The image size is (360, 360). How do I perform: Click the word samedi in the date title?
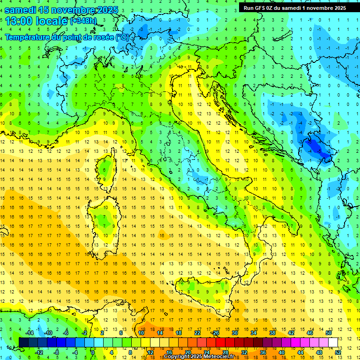(20, 10)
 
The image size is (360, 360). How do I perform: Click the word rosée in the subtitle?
(103, 37)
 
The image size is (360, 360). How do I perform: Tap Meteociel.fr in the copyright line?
(216, 357)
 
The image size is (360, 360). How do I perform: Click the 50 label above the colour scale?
(328, 332)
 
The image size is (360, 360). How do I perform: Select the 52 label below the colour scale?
(338, 352)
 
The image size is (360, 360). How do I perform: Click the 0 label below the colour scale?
(93, 352)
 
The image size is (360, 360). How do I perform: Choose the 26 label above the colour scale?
(216, 332)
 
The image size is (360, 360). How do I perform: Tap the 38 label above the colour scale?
(272, 332)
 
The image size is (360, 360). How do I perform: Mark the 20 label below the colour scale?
(188, 352)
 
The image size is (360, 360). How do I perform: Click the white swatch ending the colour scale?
(333, 342)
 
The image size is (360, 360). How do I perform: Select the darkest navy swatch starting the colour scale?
(23, 342)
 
